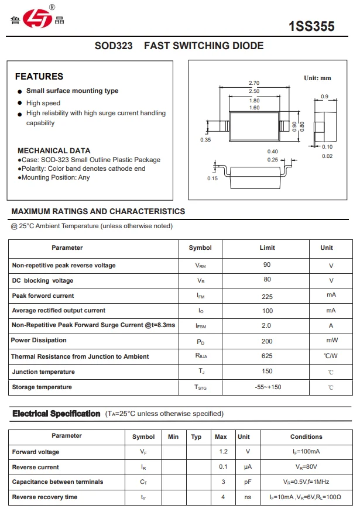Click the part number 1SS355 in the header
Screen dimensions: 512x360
coord(311,26)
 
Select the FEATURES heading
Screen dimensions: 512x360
coord(39,77)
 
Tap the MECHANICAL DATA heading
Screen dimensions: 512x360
coord(54,150)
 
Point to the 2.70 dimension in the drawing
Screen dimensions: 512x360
coord(254,83)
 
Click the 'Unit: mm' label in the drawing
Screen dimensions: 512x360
coord(317,78)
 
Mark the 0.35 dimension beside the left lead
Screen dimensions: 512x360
coord(205,140)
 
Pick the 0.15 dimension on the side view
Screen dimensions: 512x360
coord(212,178)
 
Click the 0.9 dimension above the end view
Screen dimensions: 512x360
coord(324,97)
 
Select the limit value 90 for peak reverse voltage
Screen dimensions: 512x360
coord(267,265)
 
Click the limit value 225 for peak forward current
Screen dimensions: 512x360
coord(267,296)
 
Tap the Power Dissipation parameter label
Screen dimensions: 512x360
coord(39,341)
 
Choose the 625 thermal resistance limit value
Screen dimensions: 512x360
coord(267,356)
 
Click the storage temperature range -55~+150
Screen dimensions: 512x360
coord(268,387)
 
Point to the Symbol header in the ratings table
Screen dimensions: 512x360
coord(200,248)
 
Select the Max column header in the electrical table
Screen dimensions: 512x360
coord(221,437)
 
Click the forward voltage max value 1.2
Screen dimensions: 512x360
coord(222,452)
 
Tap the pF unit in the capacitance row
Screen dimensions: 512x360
coord(248,482)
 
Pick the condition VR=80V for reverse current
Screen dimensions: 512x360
coord(306,467)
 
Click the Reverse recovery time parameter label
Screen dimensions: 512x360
coord(44,497)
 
